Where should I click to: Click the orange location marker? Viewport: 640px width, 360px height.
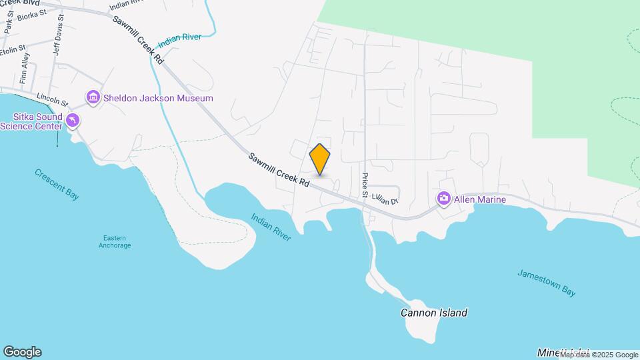tap(320, 159)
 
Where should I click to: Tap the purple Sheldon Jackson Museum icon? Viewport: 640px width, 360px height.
tap(93, 98)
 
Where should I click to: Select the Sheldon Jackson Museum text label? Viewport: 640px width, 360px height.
tap(158, 98)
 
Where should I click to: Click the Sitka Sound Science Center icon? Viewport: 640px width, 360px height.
tap(73, 120)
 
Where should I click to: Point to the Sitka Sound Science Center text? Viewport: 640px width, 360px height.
tap(31, 121)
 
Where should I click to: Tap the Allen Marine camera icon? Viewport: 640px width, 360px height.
tap(444, 199)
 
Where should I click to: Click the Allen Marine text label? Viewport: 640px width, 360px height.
tap(480, 199)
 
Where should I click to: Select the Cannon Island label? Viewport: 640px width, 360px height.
tap(433, 312)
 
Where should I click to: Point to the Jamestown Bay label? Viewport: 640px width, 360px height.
tap(546, 283)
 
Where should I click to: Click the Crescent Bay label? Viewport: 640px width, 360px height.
tap(57, 183)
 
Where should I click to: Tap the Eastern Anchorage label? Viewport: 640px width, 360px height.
tap(117, 241)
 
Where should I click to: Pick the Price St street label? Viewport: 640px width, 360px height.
tap(365, 187)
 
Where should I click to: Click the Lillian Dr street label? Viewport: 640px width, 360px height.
tap(385, 198)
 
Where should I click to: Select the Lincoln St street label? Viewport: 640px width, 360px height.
tap(53, 99)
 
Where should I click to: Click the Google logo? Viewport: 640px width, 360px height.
tap(22, 351)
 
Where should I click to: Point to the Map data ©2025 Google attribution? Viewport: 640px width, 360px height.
tap(599, 355)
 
